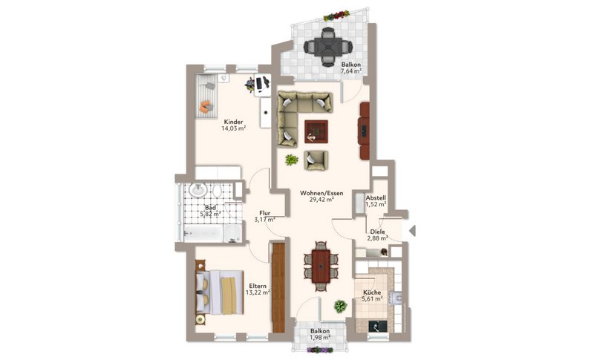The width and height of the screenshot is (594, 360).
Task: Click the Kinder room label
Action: [233, 122]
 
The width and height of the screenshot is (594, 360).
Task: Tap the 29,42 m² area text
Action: [322, 200]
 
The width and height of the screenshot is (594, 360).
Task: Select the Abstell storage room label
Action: [376, 197]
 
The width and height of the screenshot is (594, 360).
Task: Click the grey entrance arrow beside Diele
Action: [413, 231]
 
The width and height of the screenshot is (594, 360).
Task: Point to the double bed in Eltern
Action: [219, 292]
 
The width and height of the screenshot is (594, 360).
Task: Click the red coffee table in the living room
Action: [316, 131]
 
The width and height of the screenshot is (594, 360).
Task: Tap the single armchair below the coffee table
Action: [316, 160]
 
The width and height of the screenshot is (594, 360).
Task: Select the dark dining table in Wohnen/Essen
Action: [321, 266]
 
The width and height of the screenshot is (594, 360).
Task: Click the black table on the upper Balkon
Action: [328, 47]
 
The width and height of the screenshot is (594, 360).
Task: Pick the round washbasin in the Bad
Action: [198, 190]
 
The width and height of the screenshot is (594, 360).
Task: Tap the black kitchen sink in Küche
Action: [378, 326]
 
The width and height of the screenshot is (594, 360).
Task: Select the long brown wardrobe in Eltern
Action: [278, 287]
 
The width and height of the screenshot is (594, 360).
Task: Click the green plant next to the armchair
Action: [291, 160]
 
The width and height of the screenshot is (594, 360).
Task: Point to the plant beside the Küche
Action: [340, 306]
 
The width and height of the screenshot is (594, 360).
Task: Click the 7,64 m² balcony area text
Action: [350, 71]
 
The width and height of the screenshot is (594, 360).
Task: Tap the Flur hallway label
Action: [265, 213]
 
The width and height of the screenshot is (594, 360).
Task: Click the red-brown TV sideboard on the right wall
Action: [364, 131]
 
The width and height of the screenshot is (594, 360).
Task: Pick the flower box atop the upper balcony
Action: [336, 16]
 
